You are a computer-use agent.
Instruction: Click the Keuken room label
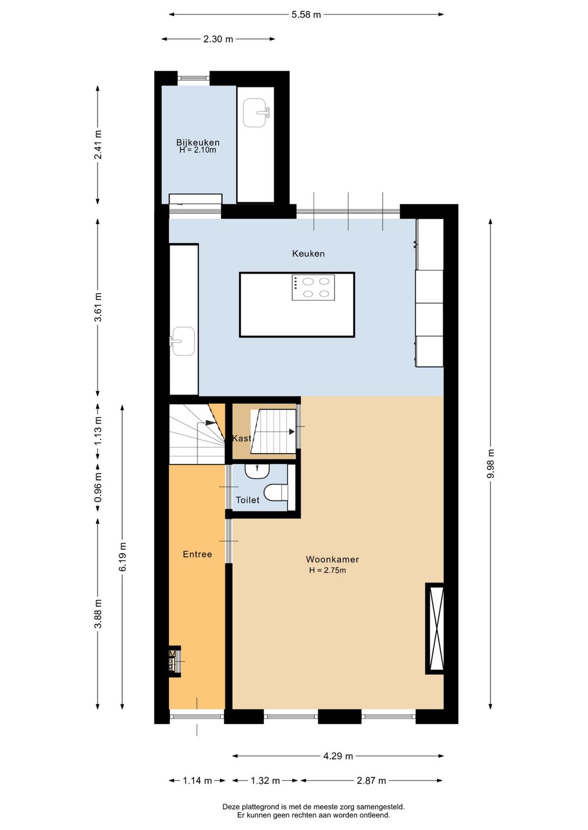308,254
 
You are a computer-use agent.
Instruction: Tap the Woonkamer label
333,559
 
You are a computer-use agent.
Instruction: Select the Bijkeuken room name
198,143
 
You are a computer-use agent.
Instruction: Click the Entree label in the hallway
197,554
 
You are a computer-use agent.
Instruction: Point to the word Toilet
247,500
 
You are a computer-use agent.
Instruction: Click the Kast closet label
242,438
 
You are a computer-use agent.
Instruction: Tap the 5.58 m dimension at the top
306,15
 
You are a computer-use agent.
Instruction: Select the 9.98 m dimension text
491,463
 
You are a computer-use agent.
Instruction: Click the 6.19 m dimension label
123,557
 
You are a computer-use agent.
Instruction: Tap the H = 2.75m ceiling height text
328,570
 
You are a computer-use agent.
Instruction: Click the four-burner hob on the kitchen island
313,288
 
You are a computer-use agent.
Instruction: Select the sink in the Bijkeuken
256,113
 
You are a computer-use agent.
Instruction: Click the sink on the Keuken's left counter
182,341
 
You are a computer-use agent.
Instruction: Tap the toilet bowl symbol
276,493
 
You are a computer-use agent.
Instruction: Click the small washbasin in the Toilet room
257,472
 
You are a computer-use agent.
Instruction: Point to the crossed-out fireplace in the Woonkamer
434,628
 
